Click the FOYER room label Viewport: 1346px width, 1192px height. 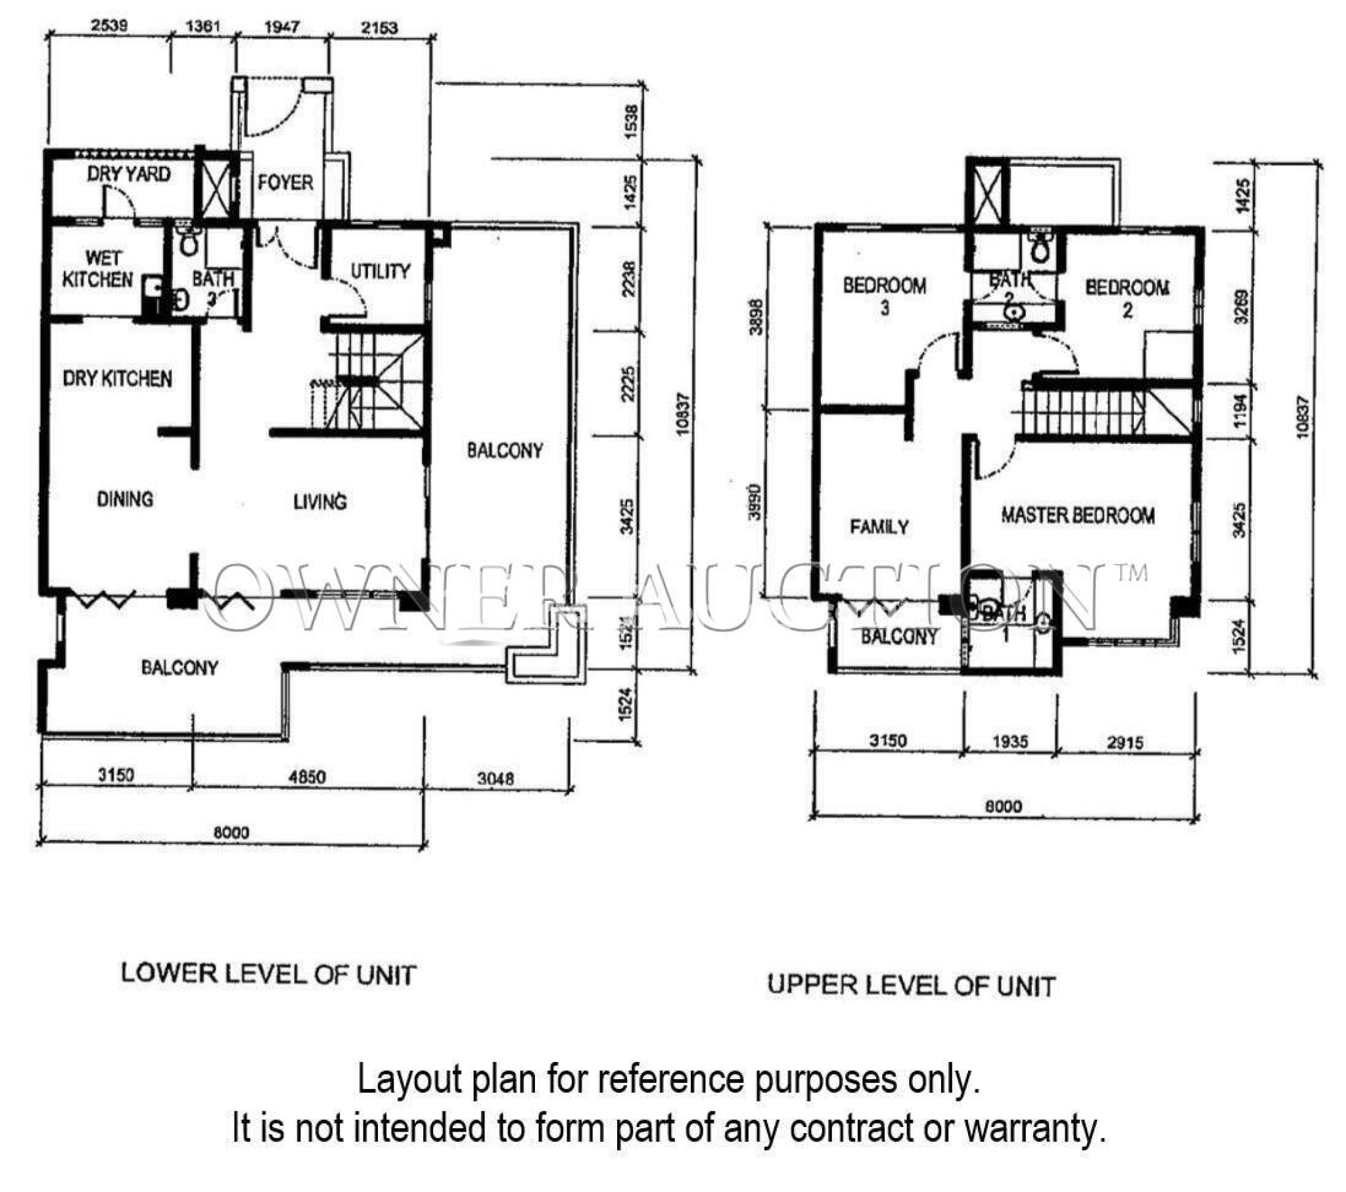(285, 183)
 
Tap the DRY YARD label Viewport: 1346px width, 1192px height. (128, 174)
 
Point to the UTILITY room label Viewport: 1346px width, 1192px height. (380, 271)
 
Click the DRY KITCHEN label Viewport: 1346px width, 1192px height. (117, 378)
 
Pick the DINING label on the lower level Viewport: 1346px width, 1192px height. (124, 499)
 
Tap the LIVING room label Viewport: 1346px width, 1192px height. (320, 502)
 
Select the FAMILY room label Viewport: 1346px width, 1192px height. (879, 527)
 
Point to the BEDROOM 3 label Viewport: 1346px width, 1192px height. (885, 296)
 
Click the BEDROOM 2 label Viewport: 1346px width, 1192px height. (1127, 298)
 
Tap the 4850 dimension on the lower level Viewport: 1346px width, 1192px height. (307, 778)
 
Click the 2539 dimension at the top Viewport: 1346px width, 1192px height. (109, 26)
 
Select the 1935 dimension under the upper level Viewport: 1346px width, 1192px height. (1009, 741)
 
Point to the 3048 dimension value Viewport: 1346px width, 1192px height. (495, 779)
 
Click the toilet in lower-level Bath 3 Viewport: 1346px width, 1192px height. (189, 244)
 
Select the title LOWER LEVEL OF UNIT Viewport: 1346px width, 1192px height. (268, 975)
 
